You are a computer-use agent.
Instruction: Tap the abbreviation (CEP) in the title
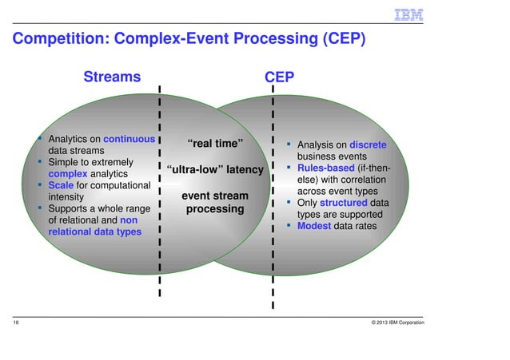(x=344, y=39)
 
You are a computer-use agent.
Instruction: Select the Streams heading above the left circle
(x=112, y=77)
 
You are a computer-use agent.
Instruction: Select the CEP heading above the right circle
(x=279, y=77)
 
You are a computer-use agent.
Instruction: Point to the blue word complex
(x=70, y=173)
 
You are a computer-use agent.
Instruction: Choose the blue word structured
(x=343, y=203)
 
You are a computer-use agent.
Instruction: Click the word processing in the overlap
(x=215, y=209)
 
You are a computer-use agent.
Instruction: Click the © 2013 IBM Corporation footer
(x=392, y=322)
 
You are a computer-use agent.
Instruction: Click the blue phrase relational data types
(x=95, y=231)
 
